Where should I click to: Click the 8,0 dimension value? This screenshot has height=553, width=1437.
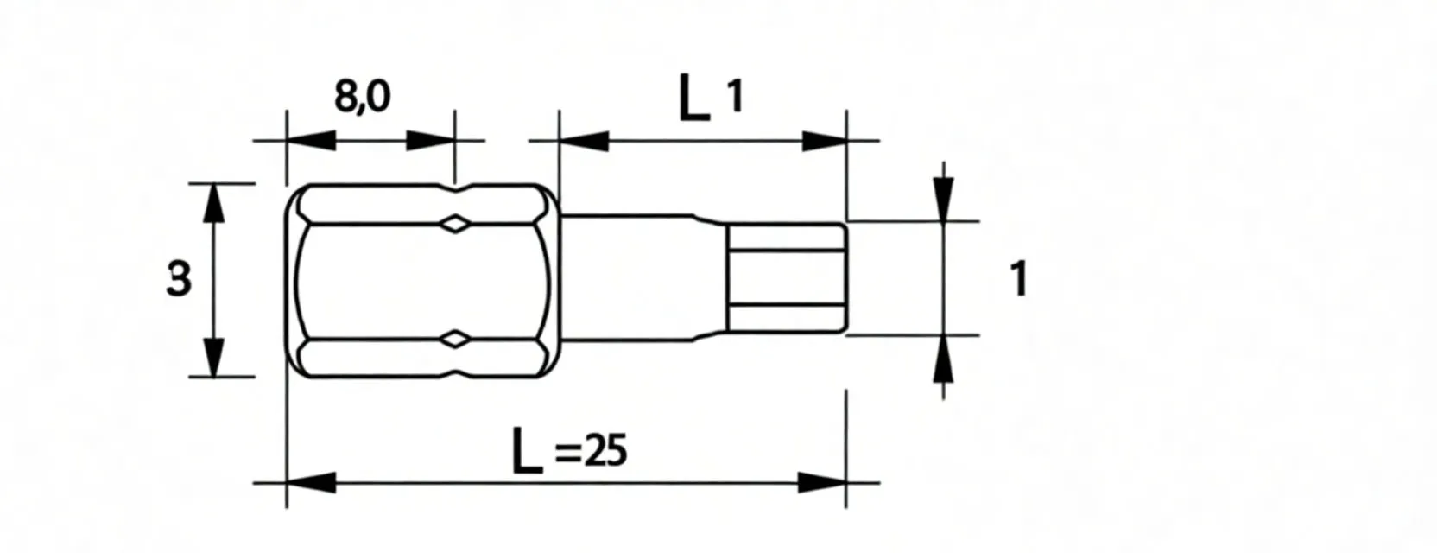point(362,96)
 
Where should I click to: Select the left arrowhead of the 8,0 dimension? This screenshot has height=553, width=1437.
point(309,141)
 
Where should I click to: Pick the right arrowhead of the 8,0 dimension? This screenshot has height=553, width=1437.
point(430,141)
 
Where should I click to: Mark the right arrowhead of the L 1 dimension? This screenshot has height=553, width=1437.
point(823,141)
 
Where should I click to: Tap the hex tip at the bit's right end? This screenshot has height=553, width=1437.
point(786,277)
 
